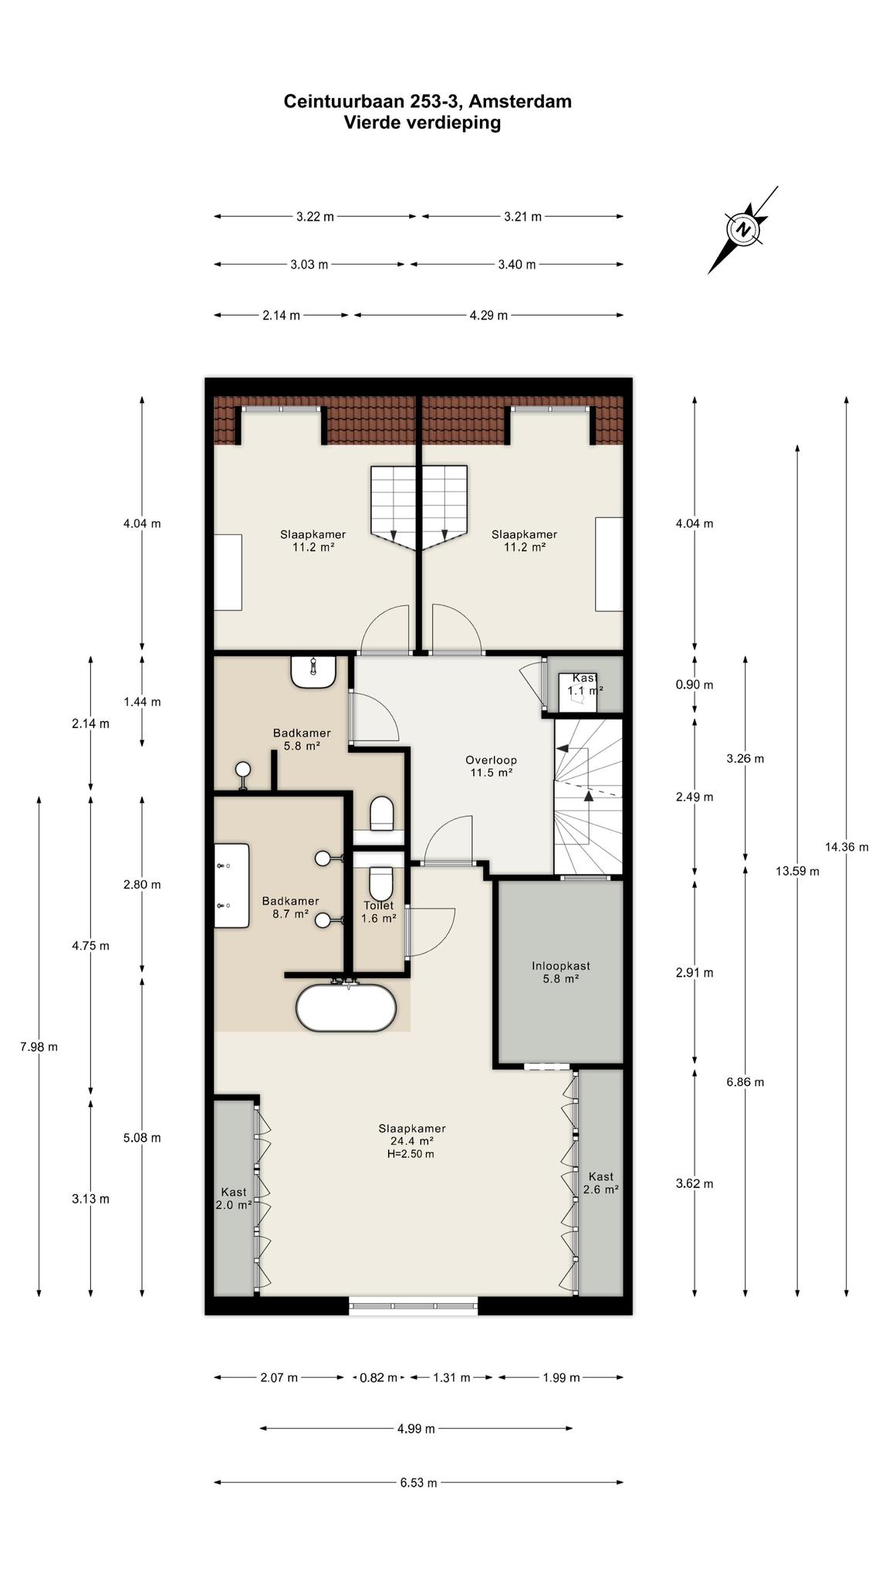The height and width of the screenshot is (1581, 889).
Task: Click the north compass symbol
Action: (x=743, y=229)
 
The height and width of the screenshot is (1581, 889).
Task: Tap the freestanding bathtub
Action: (x=346, y=1007)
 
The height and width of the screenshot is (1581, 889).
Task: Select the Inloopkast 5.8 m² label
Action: (x=561, y=972)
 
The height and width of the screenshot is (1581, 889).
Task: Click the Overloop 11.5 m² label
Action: (x=492, y=765)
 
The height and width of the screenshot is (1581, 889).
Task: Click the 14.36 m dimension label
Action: (x=847, y=847)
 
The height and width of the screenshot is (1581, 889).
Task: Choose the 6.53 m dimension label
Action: (x=417, y=1482)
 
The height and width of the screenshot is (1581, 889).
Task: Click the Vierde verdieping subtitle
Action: (x=422, y=122)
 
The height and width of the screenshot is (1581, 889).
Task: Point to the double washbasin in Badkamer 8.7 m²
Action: (x=232, y=885)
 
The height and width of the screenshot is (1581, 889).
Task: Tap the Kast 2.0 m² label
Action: (x=234, y=1198)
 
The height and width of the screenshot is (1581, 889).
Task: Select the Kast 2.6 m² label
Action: (x=600, y=1183)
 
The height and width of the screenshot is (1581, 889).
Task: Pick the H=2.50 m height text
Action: (x=411, y=1154)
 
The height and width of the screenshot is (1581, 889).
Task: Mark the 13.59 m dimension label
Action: (x=797, y=871)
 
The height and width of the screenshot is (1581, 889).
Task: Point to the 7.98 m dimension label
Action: (x=39, y=1047)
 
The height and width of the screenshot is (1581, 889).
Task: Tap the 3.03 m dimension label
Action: (x=309, y=264)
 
